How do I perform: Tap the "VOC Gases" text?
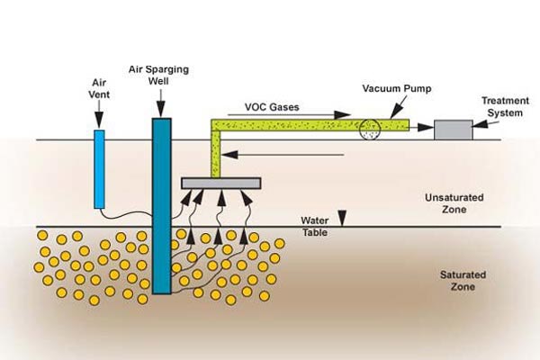click(271, 106)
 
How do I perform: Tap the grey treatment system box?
click(453, 129)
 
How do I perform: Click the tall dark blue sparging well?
click(162, 205)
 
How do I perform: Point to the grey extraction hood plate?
click(221, 183)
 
